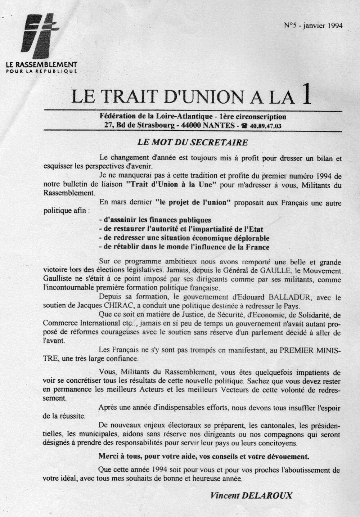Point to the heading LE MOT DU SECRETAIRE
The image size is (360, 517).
click(193, 142)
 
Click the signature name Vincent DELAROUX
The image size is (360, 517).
click(252, 495)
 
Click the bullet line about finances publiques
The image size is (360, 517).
click(155, 220)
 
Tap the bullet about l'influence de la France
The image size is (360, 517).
click(184, 247)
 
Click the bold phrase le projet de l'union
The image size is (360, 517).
click(195, 202)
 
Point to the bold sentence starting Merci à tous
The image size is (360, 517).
click(204, 457)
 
